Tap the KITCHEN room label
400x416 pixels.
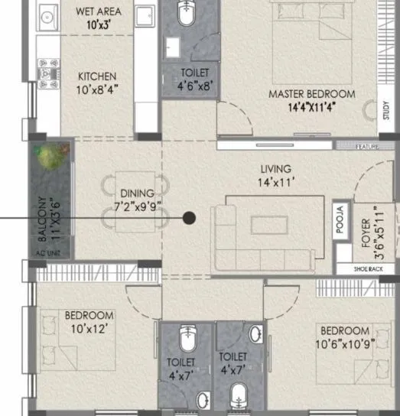coord(97,76)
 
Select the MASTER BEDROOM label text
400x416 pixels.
coord(311,94)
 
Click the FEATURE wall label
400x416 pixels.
coord(367,145)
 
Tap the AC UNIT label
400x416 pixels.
coord(50,252)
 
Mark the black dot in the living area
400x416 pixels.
coord(189,218)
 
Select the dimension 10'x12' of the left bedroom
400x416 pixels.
coord(89,328)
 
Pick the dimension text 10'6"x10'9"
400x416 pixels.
coord(346,343)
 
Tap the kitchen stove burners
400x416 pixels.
coord(48,73)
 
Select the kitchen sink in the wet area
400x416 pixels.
coord(47,15)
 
